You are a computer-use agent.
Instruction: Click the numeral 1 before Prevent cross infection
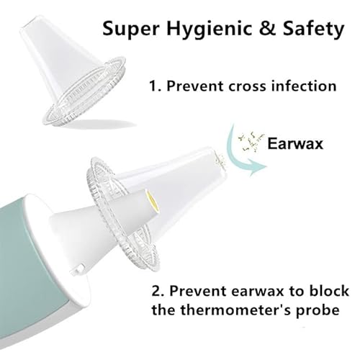[152, 86]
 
